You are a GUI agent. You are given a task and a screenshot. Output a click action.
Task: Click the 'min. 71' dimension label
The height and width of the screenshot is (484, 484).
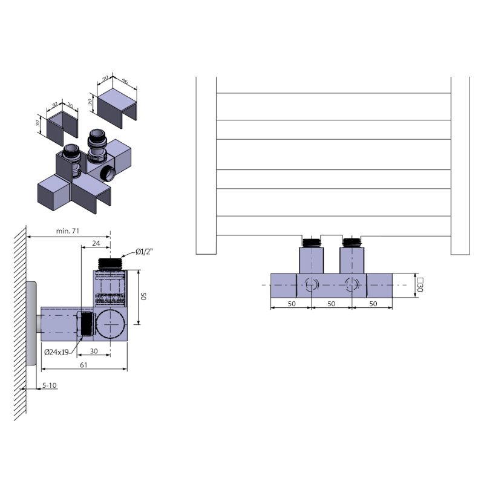pyautogui.click(x=67, y=231)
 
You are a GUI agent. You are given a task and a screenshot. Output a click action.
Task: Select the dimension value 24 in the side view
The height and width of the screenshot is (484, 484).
pyautogui.click(x=96, y=243)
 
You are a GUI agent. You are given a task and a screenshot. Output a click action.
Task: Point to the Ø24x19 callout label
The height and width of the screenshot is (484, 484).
pyautogui.click(x=56, y=352)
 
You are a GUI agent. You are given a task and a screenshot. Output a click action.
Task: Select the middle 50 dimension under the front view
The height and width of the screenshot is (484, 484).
pyautogui.click(x=332, y=303)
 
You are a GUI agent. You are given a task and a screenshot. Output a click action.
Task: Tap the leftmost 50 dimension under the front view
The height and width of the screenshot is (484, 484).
pyautogui.click(x=291, y=303)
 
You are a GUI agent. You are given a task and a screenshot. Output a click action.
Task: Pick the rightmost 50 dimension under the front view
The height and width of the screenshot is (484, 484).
pyautogui.click(x=373, y=303)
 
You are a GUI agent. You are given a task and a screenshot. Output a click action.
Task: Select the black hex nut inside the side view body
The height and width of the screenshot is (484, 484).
pyautogui.click(x=86, y=324)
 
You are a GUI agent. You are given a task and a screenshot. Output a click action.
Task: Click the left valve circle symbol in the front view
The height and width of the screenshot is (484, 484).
pyautogui.click(x=312, y=283)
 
